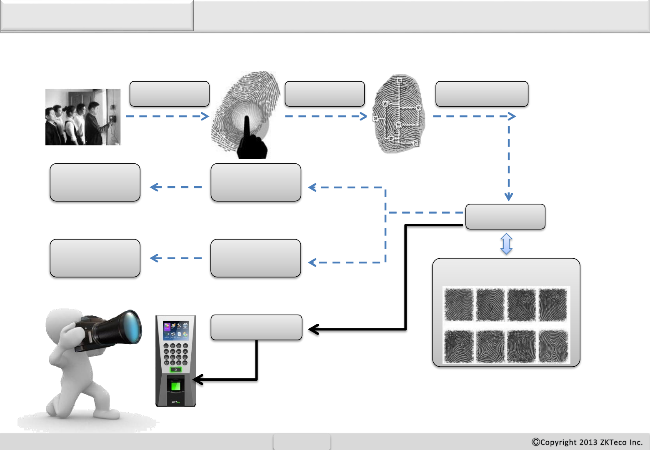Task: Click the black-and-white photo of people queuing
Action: pos(83,117)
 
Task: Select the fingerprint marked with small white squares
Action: pos(398,113)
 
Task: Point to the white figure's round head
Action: pos(62,323)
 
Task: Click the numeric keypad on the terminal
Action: pos(175,355)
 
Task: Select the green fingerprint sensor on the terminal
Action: pos(175,385)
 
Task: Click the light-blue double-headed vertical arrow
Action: pos(506,244)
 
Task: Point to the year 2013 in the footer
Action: pos(588,442)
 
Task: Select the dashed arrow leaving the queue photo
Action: pos(167,116)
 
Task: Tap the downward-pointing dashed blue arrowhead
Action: pos(509,196)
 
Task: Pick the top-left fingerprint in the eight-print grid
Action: pos(459,305)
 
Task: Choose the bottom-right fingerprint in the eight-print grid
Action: pos(553,346)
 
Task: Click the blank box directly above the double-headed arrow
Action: pos(505,217)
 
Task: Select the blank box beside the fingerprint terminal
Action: pos(256,327)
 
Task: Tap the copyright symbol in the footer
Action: pos(536,442)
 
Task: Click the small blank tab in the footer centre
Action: pos(302,442)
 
